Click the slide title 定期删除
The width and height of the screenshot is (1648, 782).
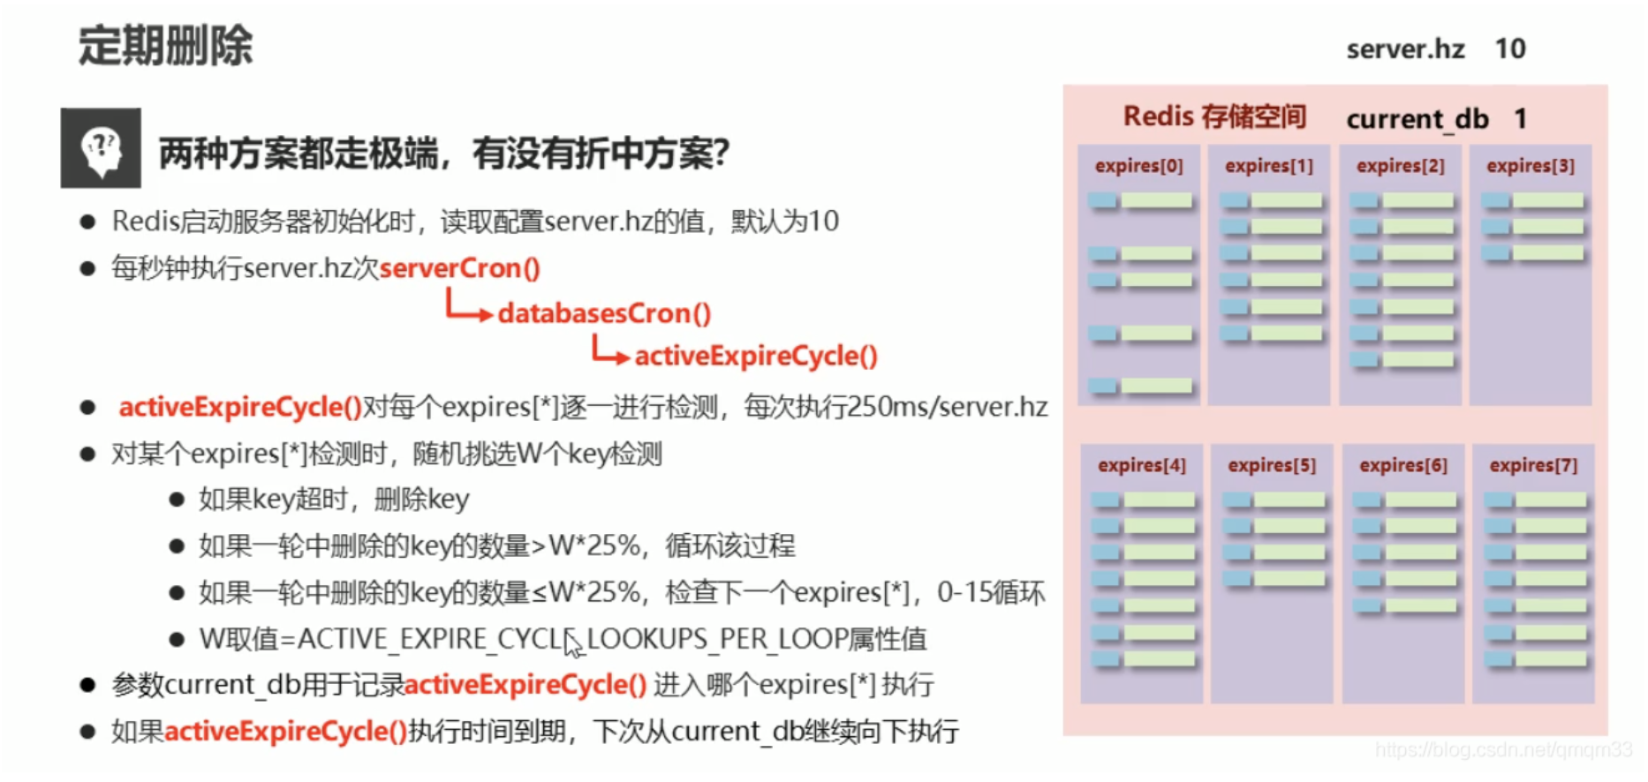pos(165,46)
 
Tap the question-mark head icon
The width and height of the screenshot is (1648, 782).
pos(101,148)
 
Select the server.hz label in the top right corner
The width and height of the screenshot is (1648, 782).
pos(1405,49)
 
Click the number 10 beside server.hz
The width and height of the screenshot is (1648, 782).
pos(1510,49)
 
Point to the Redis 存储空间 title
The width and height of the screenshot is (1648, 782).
pos(1214,117)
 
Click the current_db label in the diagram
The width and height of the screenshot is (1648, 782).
pos(1417,119)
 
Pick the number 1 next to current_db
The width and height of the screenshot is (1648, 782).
pos(1521,118)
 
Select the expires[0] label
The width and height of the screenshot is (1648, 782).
pos(1138,166)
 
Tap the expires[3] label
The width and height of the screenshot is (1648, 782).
pos(1530,166)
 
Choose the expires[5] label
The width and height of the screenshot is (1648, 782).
pos(1272,465)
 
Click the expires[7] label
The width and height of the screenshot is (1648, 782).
pos(1533,465)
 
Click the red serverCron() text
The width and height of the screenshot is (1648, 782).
pos(459,268)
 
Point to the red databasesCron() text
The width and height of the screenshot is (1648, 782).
pos(604,313)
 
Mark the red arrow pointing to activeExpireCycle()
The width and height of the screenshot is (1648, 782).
pos(609,351)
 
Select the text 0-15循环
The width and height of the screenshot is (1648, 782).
pos(991,592)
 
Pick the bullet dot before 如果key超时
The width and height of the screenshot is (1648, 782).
pos(177,500)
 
